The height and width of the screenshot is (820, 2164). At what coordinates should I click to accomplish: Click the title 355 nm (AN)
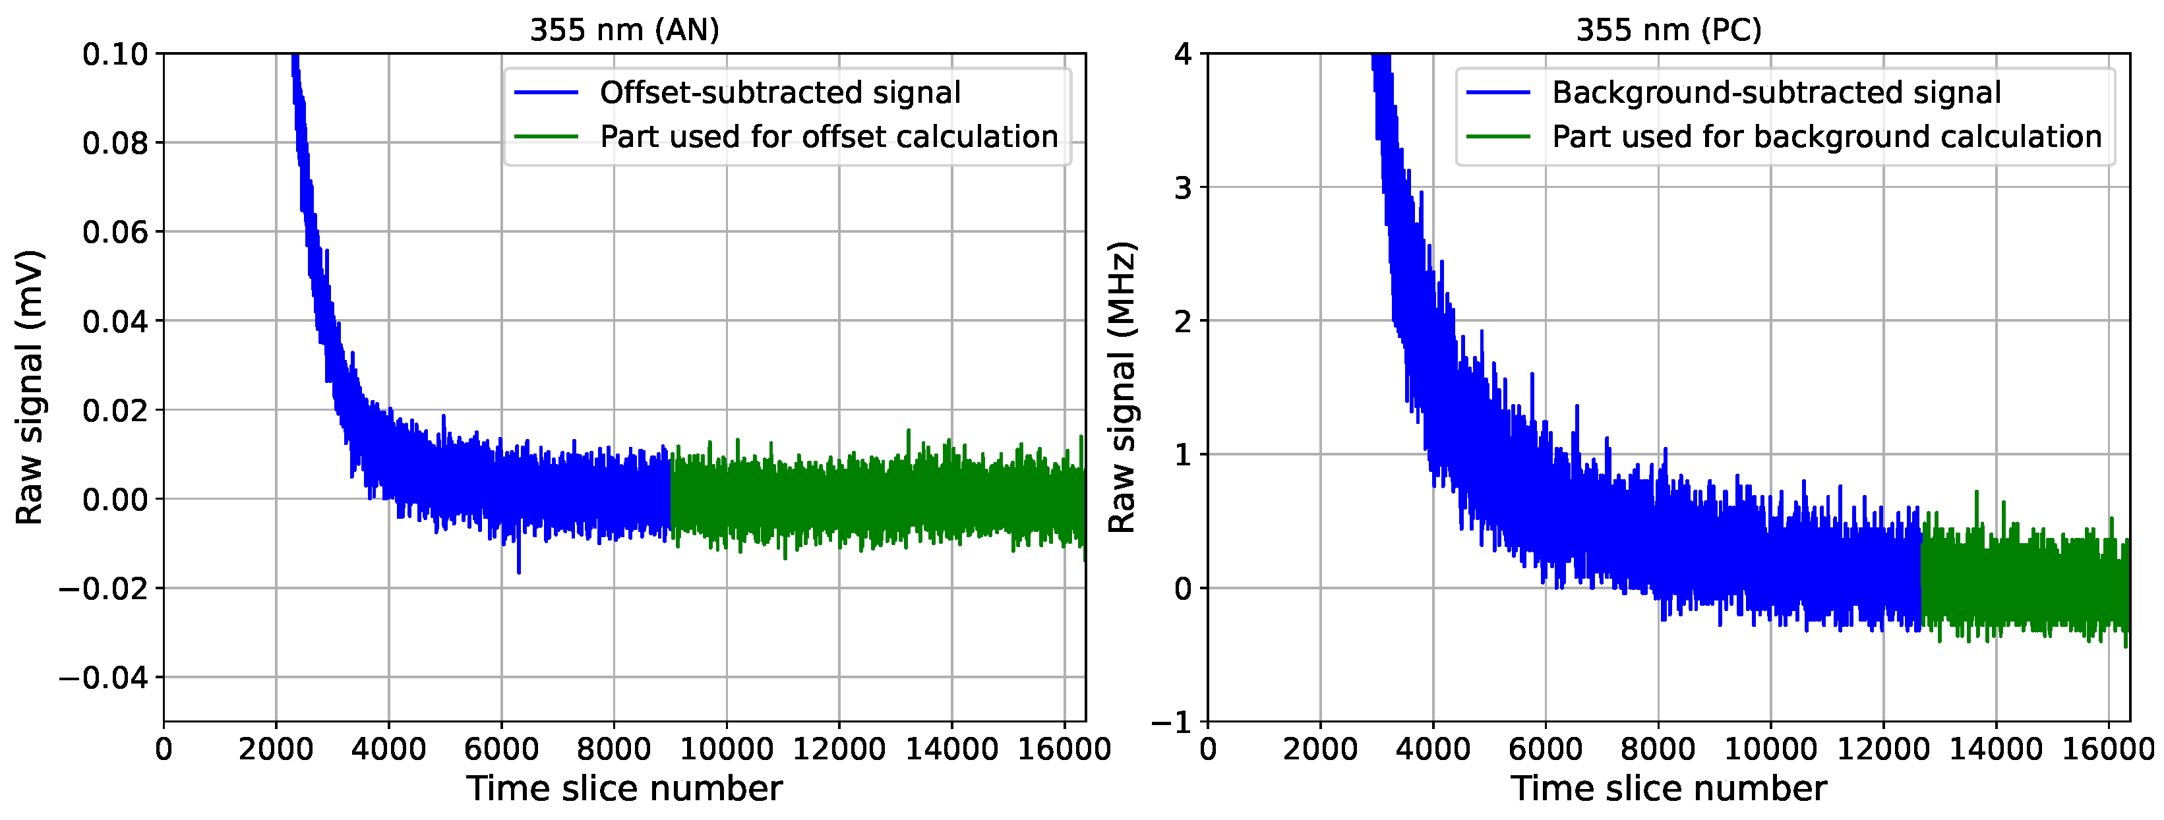tap(624, 30)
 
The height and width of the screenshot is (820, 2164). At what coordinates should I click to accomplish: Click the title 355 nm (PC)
tap(1668, 30)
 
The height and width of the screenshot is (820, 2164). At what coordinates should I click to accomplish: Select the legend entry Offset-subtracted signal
tap(779, 92)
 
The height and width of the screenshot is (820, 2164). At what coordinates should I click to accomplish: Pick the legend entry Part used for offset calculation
tap(828, 137)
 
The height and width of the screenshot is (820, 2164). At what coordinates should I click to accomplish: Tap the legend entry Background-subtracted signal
tap(1776, 92)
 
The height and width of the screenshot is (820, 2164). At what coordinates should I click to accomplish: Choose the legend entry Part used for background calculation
tap(1826, 137)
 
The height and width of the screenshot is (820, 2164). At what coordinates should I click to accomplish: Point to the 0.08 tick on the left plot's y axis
tap(115, 143)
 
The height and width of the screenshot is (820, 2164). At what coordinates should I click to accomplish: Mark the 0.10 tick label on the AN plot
tap(115, 55)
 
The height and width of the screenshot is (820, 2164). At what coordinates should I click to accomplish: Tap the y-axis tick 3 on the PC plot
tap(1183, 187)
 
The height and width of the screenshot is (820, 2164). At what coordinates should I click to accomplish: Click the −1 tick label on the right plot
tap(1171, 722)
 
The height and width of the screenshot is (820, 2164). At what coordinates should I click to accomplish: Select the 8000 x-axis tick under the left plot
tap(613, 747)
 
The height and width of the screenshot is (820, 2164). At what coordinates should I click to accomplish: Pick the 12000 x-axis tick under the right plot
tap(1882, 747)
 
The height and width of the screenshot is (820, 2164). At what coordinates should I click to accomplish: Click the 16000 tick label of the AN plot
tap(1064, 747)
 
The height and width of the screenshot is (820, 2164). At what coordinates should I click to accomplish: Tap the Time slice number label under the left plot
tap(624, 789)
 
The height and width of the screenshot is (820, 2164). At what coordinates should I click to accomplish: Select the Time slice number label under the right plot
tap(1668, 789)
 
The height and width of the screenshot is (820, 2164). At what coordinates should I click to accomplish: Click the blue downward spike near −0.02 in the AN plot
tap(518, 570)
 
